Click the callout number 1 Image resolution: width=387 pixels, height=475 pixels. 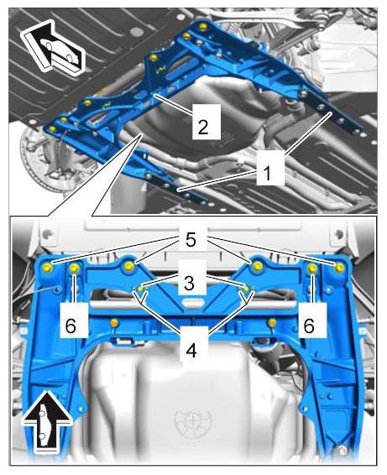pyautogui.click(x=267, y=173)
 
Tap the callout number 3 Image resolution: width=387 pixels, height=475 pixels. pyautogui.click(x=189, y=284)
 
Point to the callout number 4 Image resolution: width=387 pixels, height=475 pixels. pyautogui.click(x=191, y=352)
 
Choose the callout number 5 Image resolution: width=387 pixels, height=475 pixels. pyautogui.click(x=191, y=240)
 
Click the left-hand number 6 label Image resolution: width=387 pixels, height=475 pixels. pyautogui.click(x=71, y=326)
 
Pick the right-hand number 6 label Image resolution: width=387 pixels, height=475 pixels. pyautogui.click(x=309, y=326)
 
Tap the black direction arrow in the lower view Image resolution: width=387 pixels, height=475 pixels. pyautogui.click(x=48, y=422)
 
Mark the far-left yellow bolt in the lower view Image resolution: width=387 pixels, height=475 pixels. pyautogui.click(x=48, y=267)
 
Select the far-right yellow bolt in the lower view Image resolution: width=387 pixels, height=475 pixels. pyautogui.click(x=340, y=267)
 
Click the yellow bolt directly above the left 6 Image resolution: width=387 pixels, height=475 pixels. pyautogui.click(x=75, y=268)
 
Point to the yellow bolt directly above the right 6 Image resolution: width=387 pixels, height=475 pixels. pyautogui.click(x=312, y=268)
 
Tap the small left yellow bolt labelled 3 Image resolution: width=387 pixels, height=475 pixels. pyautogui.click(x=140, y=289)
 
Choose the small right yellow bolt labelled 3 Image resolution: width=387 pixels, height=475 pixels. pyautogui.click(x=246, y=289)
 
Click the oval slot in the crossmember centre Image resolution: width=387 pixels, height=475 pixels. pyautogui.click(x=193, y=302)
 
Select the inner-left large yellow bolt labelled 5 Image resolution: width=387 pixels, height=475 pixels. pyautogui.click(x=129, y=266)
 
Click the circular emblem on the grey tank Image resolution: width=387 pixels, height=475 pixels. pyautogui.click(x=193, y=421)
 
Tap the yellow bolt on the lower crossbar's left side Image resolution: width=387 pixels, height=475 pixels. pyautogui.click(x=114, y=323)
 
